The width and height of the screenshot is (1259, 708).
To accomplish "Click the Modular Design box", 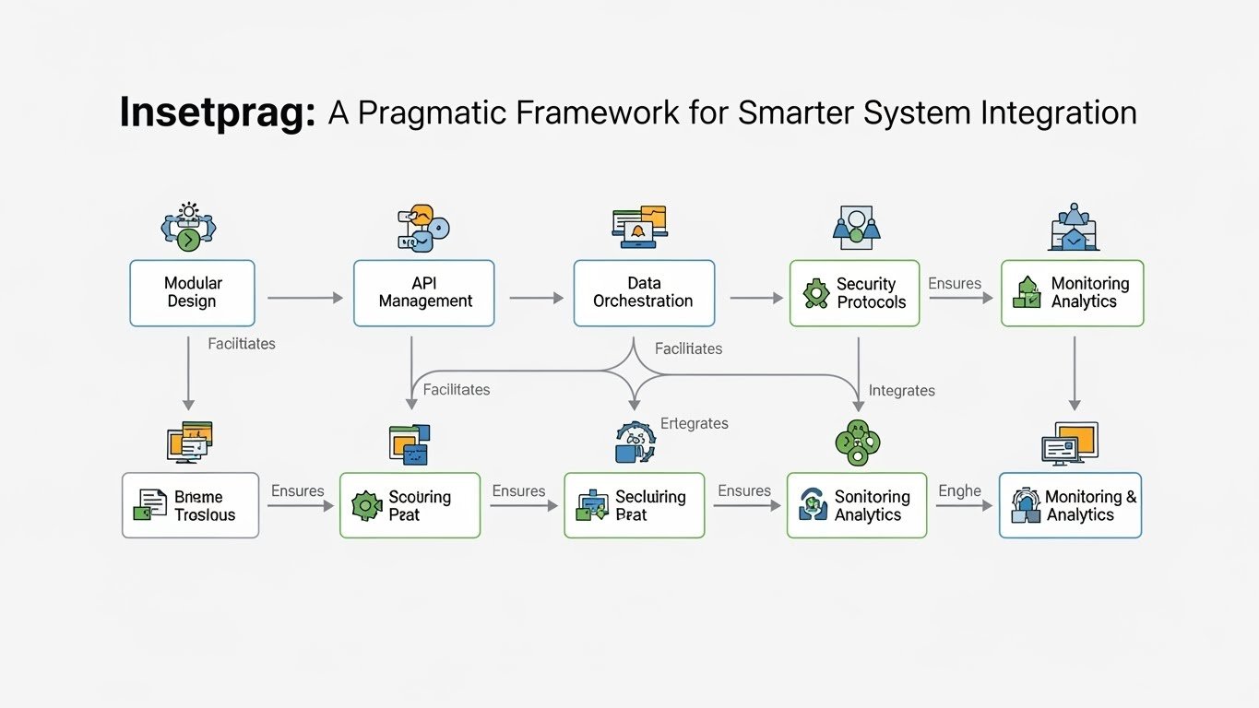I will click(192, 293).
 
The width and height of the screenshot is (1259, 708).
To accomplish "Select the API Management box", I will click(424, 293).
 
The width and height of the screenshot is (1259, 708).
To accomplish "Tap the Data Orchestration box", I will click(644, 293).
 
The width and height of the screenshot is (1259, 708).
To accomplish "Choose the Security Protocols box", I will click(854, 293).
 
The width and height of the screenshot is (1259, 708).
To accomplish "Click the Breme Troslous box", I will click(190, 505).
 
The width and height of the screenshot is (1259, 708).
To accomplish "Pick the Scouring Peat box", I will click(410, 505).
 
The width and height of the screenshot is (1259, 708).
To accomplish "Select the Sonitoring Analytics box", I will click(856, 505).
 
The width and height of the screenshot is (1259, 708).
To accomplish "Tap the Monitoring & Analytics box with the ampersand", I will click(1070, 505).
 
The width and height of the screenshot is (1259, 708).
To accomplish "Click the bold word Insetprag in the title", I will click(218, 113).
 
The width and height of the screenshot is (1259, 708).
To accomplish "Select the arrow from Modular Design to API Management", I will click(304, 298).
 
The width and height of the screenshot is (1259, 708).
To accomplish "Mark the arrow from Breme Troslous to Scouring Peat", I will click(300, 506).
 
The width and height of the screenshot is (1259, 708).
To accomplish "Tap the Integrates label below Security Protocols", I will click(901, 391).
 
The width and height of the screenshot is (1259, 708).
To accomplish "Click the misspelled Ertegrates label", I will click(695, 424).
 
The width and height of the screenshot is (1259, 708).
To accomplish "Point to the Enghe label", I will click(959, 490).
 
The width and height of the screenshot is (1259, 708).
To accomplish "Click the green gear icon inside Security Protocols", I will click(816, 294).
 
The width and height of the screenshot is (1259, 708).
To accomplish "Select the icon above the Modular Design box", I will click(188, 226).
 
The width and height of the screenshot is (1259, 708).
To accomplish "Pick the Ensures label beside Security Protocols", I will click(955, 284).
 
